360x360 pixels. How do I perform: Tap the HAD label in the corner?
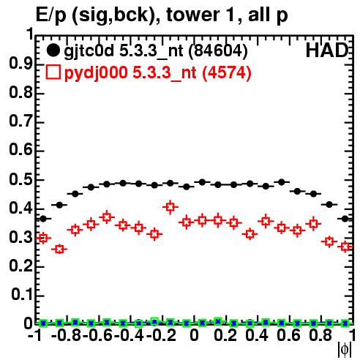point(327,50)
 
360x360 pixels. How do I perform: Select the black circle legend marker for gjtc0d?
point(53,50)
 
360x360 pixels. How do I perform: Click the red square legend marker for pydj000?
point(53,72)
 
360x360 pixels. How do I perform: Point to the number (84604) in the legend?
point(218,51)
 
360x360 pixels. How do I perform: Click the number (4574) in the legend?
point(227,72)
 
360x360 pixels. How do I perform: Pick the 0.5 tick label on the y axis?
point(20,180)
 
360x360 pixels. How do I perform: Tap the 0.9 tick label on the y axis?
point(20,64)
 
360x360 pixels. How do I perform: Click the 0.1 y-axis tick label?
point(22,295)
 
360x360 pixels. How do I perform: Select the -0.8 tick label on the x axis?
point(66,335)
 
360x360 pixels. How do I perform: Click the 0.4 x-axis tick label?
point(257,335)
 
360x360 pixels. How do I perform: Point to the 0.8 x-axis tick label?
point(320,335)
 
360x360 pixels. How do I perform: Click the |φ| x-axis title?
point(345,350)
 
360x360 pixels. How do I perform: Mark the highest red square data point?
point(170,207)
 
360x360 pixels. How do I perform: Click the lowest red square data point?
point(59,250)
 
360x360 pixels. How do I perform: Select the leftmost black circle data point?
point(43,219)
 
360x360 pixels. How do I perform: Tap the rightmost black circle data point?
point(345,219)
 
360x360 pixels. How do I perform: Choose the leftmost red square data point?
point(43,238)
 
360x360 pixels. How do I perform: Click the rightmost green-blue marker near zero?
point(345,323)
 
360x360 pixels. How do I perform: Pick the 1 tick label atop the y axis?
point(30,34)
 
